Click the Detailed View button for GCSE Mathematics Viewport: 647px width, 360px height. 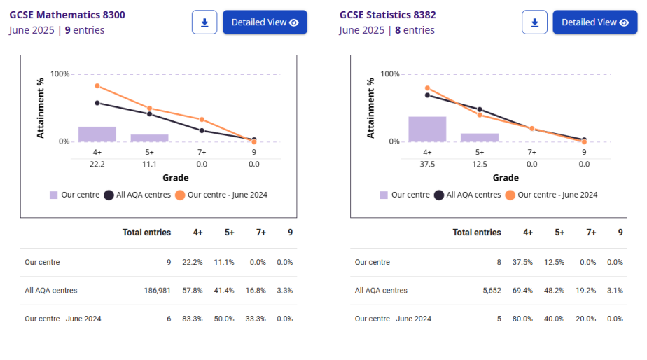[x=265, y=22]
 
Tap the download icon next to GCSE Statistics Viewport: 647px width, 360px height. [x=534, y=22]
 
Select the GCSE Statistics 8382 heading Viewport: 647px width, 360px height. [x=387, y=14]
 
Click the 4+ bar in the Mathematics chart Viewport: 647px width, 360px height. [x=97, y=134]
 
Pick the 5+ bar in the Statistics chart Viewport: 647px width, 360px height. [x=480, y=138]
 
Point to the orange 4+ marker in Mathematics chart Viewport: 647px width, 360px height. [x=97, y=86]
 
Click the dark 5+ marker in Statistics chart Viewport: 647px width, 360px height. [x=480, y=109]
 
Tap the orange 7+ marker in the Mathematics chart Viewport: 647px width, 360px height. [x=202, y=120]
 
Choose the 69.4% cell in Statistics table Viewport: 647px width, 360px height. [x=522, y=291]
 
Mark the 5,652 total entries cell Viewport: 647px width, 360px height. [x=490, y=291]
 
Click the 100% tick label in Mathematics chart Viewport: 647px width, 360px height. [x=60, y=74]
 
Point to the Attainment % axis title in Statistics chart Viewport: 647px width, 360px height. [x=370, y=107]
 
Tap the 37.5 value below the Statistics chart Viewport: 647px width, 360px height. [x=427, y=164]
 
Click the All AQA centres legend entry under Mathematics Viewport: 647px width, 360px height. [x=137, y=195]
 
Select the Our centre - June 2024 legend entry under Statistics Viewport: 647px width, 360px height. [x=551, y=195]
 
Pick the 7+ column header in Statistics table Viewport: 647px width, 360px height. [x=591, y=233]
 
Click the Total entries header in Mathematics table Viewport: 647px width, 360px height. [x=146, y=233]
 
